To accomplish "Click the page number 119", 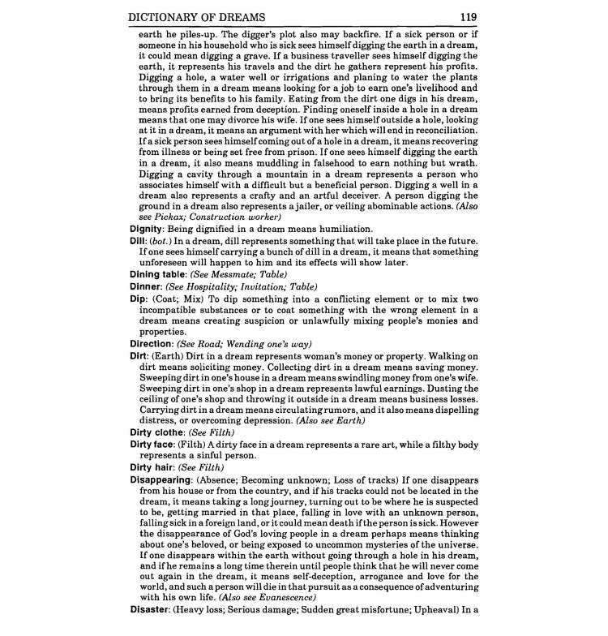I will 469,15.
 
